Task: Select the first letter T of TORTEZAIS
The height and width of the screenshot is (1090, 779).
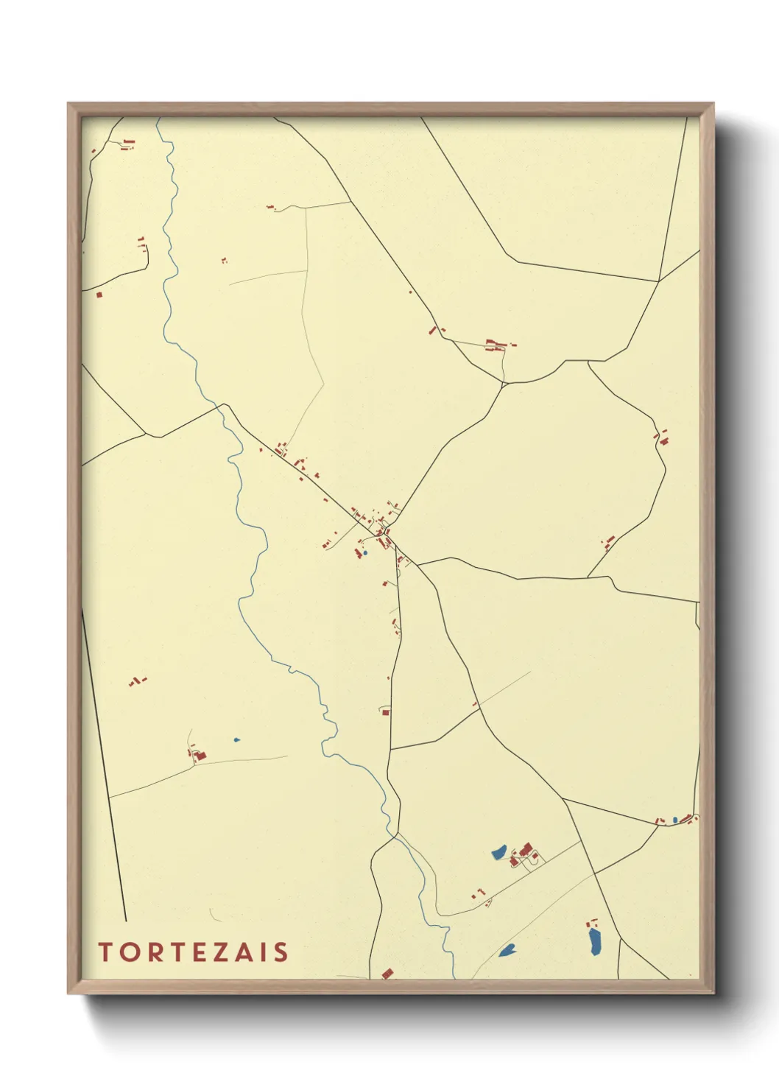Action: point(105,952)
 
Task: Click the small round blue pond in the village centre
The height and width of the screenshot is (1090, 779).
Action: point(365,552)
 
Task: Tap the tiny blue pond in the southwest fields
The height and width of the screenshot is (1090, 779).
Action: point(236,739)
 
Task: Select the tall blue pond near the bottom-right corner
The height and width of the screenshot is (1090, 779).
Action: point(595,940)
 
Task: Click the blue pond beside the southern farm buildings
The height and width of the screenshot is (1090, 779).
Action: point(498,853)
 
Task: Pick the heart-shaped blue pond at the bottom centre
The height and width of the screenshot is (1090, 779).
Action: point(507,950)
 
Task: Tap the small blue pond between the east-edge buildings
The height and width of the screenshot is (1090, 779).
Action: point(674,820)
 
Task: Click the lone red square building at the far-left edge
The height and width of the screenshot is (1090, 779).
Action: point(99,295)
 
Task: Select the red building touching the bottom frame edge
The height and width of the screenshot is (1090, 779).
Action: point(387,974)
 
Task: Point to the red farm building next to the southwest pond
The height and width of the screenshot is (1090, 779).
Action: point(200,755)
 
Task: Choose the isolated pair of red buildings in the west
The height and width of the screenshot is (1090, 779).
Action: point(136,681)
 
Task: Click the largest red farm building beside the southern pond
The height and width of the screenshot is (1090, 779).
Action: point(526,850)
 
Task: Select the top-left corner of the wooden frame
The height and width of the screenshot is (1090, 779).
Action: point(69,104)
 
